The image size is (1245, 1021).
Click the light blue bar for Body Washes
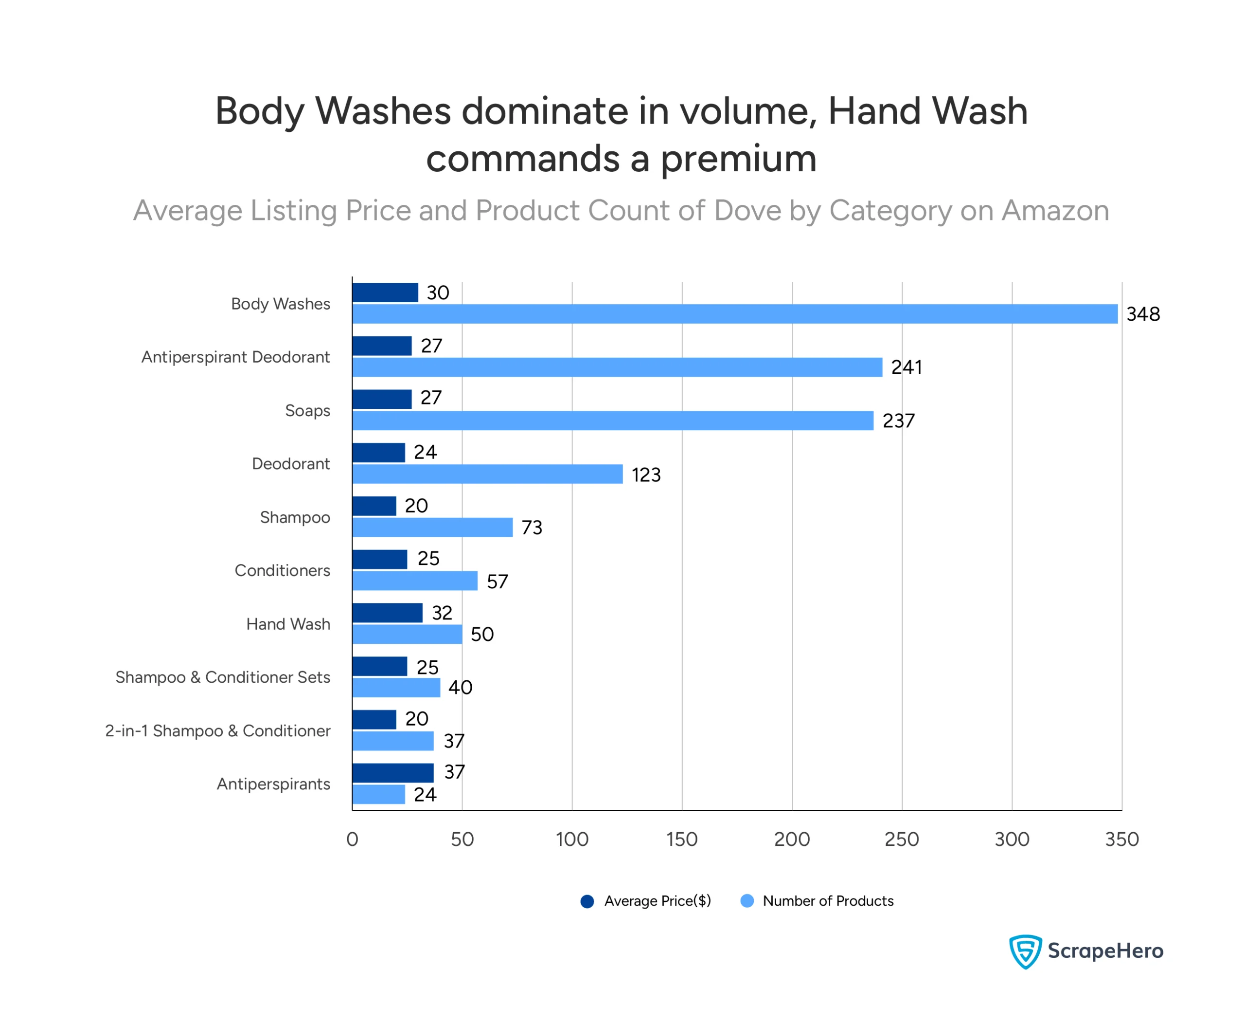[x=735, y=314]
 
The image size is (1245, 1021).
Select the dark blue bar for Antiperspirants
[x=392, y=773]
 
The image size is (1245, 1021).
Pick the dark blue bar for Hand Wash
[x=388, y=613]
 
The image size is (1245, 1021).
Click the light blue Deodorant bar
[x=487, y=474]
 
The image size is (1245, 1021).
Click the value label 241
[x=906, y=367]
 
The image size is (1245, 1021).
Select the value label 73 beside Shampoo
[x=532, y=528]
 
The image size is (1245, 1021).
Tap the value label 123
[x=646, y=474]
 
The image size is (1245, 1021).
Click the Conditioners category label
[x=282, y=570]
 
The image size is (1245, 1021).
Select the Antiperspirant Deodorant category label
[x=236, y=357]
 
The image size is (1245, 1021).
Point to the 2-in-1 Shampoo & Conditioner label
[x=217, y=730]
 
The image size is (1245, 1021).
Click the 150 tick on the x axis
[x=682, y=839]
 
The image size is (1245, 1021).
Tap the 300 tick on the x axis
[x=1012, y=839]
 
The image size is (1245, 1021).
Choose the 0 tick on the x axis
[x=352, y=839]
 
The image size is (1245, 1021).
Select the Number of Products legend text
[x=828, y=901]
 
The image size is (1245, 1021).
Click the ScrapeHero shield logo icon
[x=1025, y=951]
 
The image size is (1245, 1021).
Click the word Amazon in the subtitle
[x=1054, y=211]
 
